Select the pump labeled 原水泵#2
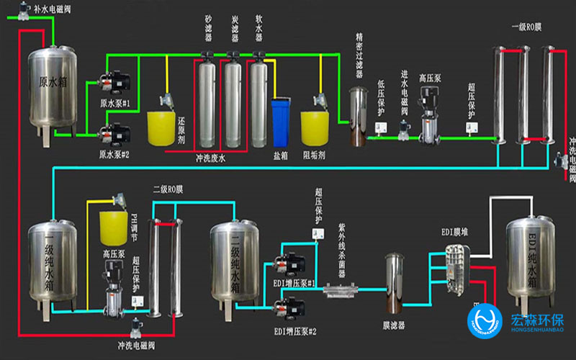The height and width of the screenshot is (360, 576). click(x=113, y=132)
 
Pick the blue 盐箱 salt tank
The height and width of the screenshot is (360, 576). click(x=282, y=123)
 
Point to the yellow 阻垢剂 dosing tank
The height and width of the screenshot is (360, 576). click(x=314, y=127)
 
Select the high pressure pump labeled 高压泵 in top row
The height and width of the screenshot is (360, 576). click(x=431, y=115)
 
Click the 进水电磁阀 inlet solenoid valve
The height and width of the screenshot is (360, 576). click(x=405, y=130)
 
